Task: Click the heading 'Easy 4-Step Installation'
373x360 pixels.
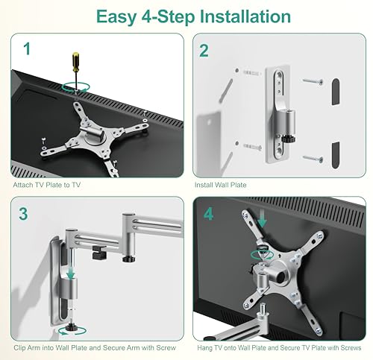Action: point(186,16)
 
